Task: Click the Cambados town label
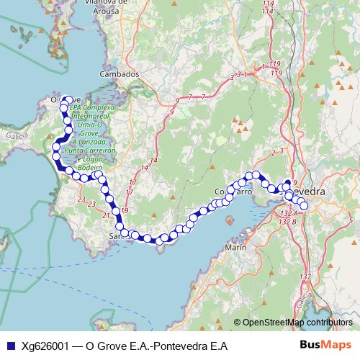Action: tap(114, 74)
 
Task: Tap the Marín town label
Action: tap(236, 247)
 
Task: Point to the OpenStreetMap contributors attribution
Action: tap(297, 323)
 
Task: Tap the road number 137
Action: tap(305, 277)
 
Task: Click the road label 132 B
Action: tap(289, 222)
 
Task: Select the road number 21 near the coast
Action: tap(107, 215)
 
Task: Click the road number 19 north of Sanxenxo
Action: tap(125, 210)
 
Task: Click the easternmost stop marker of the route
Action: tap(304, 206)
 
